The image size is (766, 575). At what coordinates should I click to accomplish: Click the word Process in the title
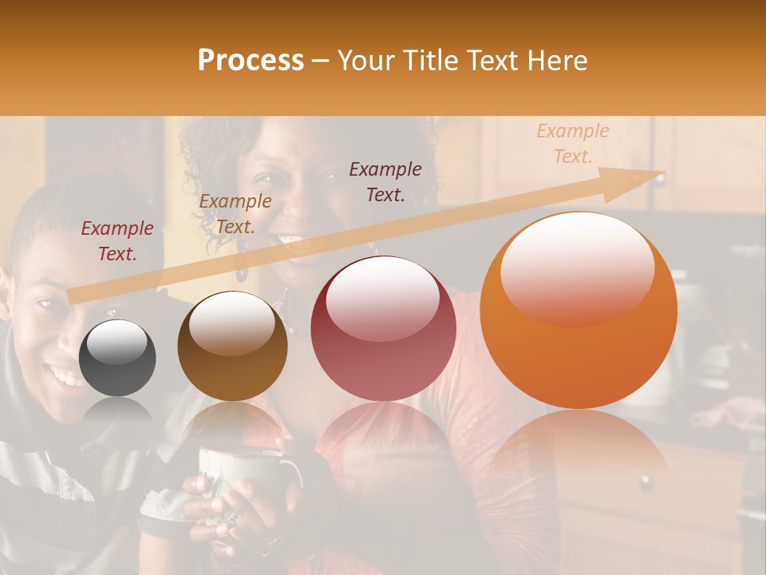click(x=251, y=61)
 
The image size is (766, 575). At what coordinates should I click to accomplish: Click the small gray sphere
click(x=117, y=358)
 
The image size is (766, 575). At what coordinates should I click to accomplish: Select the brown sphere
click(x=232, y=346)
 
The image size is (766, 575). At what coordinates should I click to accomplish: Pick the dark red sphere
click(x=383, y=328)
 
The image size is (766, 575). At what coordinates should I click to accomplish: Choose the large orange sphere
click(x=578, y=311)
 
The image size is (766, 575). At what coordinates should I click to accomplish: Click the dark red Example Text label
click(x=117, y=240)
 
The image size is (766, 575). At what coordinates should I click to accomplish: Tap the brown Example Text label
click(x=235, y=214)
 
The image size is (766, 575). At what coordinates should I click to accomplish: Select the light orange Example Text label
click(x=573, y=143)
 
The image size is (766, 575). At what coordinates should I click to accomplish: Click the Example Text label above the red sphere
click(x=385, y=181)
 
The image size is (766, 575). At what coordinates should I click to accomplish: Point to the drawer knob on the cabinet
click(x=645, y=482)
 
